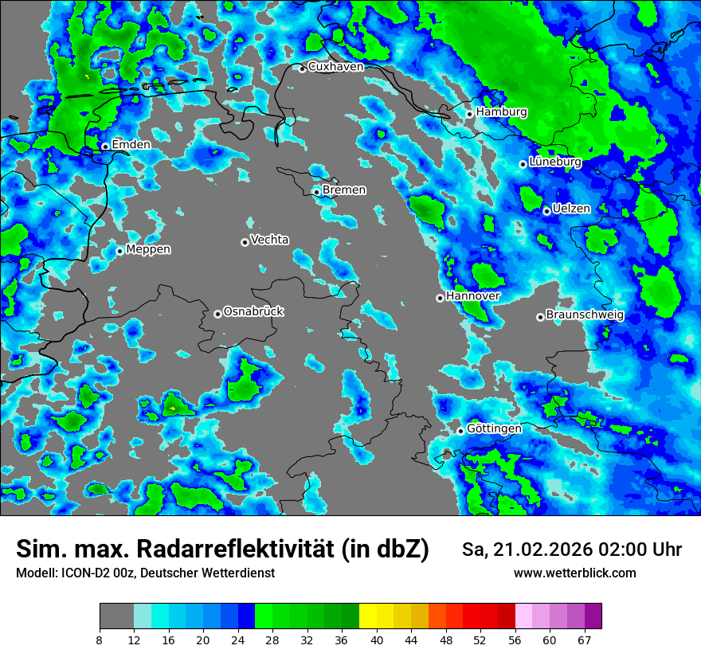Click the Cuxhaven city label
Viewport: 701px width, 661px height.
[335, 67]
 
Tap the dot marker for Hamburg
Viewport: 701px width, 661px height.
[470, 114]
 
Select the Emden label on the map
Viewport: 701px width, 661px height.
[131, 145]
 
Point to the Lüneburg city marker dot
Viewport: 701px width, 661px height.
[523, 164]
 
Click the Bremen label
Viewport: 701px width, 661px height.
[344, 190]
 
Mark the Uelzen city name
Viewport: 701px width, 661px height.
[571, 209]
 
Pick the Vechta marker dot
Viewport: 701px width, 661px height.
[245, 242]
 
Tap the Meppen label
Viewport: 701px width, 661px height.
[148, 249]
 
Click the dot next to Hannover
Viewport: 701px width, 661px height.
[440, 298]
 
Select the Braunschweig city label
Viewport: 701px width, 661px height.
[585, 315]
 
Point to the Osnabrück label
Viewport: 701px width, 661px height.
[253, 311]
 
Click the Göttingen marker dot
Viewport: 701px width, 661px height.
[460, 431]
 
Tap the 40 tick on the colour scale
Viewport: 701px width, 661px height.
[376, 639]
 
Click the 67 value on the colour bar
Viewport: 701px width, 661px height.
[584, 639]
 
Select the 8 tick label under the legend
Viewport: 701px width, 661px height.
[100, 639]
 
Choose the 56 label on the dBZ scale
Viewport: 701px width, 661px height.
[514, 639]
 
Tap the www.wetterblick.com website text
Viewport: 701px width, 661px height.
[574, 573]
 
